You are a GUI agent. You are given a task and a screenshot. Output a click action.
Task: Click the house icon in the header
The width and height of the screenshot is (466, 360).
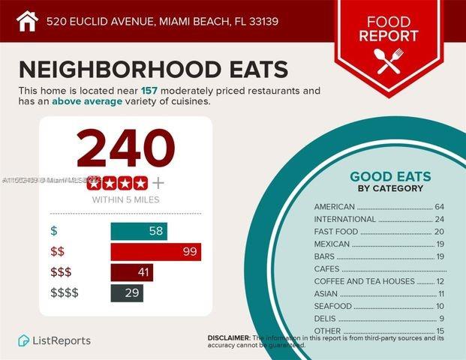pyautogui.click(x=27, y=20)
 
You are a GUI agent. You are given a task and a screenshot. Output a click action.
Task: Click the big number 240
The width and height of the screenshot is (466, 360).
pyautogui.click(x=125, y=148)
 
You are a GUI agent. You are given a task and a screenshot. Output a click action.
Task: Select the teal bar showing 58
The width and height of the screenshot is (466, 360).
pyautogui.click(x=139, y=231)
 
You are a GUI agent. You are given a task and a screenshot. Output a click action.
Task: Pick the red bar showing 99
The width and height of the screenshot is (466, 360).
pyautogui.click(x=155, y=251)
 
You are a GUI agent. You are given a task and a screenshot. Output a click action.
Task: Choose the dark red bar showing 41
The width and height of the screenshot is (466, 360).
pyautogui.click(x=131, y=272)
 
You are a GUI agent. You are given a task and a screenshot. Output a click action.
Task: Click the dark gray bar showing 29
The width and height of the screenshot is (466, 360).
pyautogui.click(x=127, y=292)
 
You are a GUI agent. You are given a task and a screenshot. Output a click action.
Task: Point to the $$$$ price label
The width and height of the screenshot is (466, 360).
pyautogui.click(x=64, y=292)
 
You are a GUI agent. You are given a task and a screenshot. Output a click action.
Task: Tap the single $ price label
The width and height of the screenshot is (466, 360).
pyautogui.click(x=53, y=231)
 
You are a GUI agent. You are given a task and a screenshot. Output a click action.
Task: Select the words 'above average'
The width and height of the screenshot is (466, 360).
pyautogui.click(x=87, y=101)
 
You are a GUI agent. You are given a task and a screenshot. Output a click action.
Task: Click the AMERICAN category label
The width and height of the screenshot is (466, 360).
pyautogui.click(x=335, y=206)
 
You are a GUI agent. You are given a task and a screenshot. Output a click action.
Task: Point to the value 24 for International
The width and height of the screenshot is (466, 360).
pyautogui.click(x=440, y=219)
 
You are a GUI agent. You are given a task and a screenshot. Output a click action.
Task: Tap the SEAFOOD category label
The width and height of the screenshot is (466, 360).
pyautogui.click(x=332, y=306)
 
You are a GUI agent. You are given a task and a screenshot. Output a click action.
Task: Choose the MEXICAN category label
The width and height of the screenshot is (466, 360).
pyautogui.click(x=332, y=244)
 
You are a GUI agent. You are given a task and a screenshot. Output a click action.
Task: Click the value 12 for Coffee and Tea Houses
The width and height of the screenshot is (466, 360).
pyautogui.click(x=440, y=281)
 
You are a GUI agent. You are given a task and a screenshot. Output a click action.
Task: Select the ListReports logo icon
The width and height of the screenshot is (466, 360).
pyautogui.click(x=24, y=340)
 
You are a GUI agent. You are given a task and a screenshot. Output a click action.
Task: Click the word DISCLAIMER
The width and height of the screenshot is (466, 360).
pyautogui.click(x=229, y=338)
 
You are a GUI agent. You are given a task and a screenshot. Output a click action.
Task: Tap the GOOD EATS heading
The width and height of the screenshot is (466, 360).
pyautogui.click(x=390, y=177)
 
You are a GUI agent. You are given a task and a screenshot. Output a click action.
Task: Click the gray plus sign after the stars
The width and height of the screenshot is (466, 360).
pyautogui.click(x=158, y=182)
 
